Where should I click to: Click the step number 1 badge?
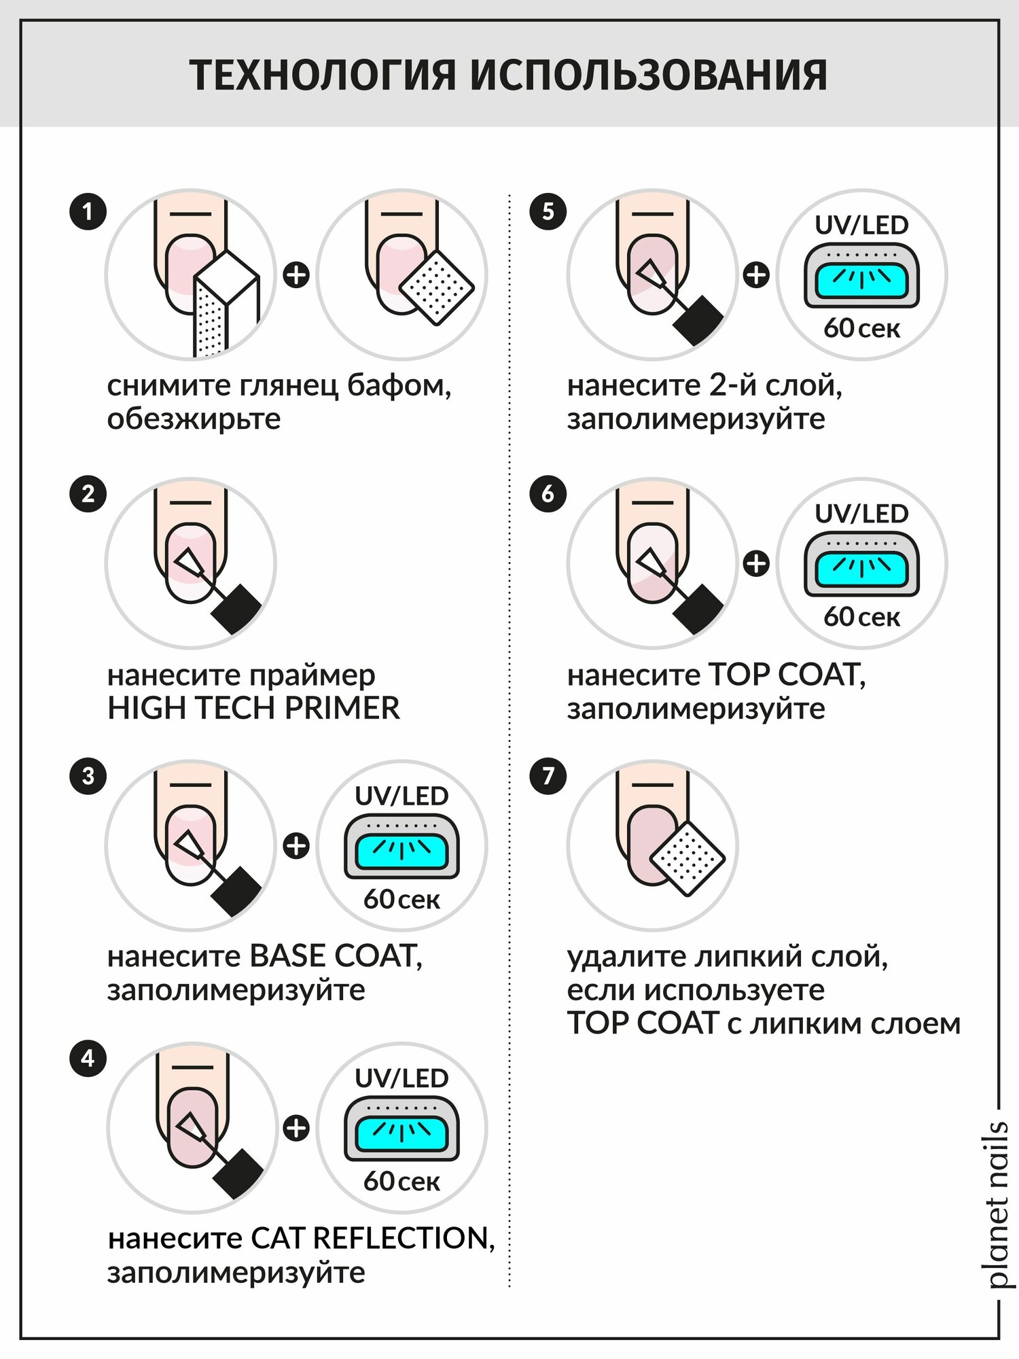[x=88, y=211]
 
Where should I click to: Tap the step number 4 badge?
[x=88, y=1058]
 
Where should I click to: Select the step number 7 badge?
[x=548, y=776]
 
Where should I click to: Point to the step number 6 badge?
[x=548, y=494]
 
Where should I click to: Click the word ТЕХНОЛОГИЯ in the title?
[x=323, y=75]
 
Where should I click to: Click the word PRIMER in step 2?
[x=342, y=708]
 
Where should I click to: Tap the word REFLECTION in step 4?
[x=404, y=1238]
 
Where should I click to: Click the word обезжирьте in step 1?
[x=194, y=419]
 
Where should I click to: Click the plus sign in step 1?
[x=296, y=275]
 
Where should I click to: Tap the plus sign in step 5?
[x=756, y=275]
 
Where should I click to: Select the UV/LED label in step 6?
[x=861, y=514]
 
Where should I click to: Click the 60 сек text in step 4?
[x=401, y=1182]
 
